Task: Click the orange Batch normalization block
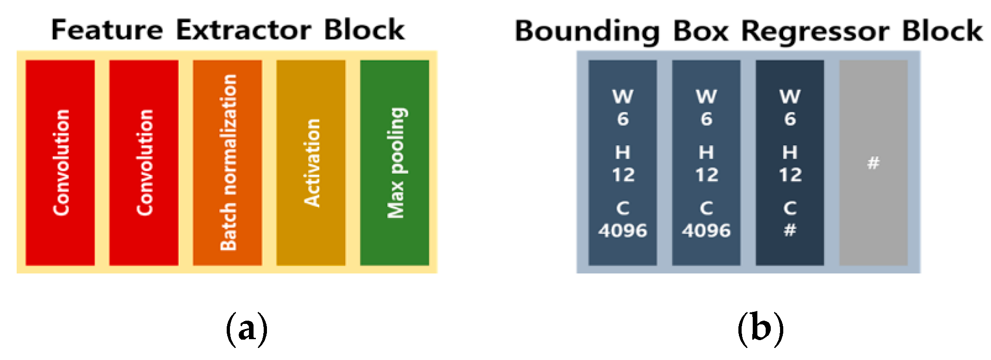(227, 162)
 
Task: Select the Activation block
(311, 162)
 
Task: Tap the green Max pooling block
(395, 162)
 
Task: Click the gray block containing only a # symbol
(873, 162)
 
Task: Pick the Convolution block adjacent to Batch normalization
(144, 162)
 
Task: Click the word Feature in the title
(107, 30)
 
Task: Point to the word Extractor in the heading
(243, 30)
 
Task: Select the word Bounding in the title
(587, 31)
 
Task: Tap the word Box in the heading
(700, 31)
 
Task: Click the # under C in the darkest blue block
(790, 230)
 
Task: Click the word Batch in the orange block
(229, 227)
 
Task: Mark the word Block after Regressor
(942, 31)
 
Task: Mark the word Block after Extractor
(364, 30)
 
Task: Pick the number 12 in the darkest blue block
(790, 175)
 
